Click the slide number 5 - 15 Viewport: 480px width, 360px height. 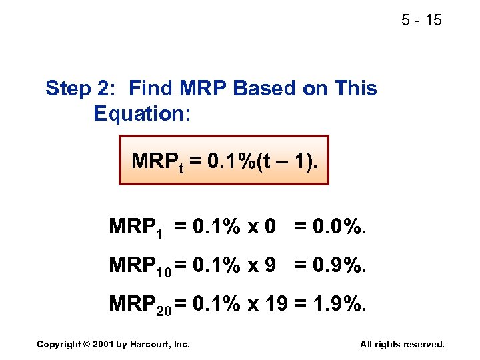[x=421, y=20]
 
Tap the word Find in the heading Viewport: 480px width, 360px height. [x=150, y=88]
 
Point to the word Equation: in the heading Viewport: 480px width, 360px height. [x=143, y=113]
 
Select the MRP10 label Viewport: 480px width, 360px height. [x=140, y=267]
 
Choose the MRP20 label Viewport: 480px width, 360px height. [x=140, y=305]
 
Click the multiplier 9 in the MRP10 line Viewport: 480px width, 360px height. [x=270, y=266]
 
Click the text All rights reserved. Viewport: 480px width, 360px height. [x=401, y=344]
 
